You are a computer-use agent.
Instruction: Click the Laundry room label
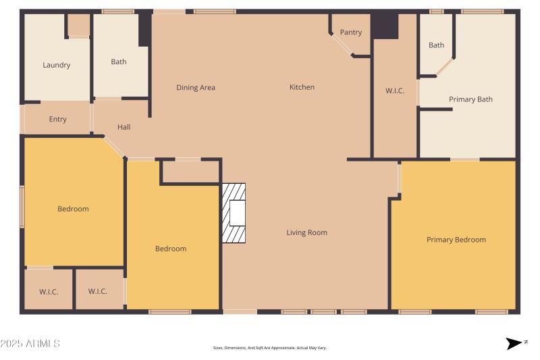(57, 66)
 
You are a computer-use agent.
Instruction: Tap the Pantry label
(351, 32)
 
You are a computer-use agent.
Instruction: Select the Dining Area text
(196, 87)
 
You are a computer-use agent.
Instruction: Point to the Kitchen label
(302, 87)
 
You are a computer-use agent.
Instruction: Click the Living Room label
(306, 232)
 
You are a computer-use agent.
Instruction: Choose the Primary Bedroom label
(456, 240)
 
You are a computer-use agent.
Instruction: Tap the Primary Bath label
(470, 99)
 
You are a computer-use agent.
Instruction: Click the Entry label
(58, 120)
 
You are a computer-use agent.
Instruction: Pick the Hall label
(124, 127)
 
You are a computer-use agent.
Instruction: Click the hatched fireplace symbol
(234, 213)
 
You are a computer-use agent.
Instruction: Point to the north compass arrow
(516, 343)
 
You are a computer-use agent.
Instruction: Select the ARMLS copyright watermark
(30, 344)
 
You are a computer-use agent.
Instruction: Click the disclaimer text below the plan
(269, 348)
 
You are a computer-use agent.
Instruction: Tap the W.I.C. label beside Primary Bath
(395, 91)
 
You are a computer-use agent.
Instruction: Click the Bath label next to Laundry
(119, 62)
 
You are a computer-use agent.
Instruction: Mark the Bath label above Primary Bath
(436, 45)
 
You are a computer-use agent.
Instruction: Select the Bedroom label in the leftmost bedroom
(73, 209)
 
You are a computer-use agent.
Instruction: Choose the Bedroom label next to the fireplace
(171, 249)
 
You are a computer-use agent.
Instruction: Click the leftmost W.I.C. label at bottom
(49, 292)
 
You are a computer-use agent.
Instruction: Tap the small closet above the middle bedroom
(191, 172)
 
